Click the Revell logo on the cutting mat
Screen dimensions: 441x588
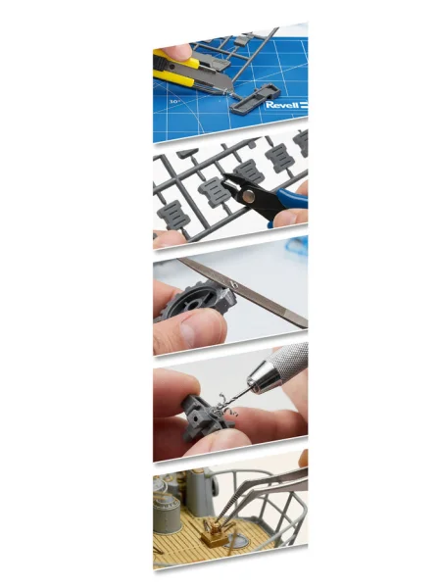[286, 105]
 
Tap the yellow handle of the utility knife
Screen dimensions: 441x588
[176, 71]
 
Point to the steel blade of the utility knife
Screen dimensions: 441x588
[220, 80]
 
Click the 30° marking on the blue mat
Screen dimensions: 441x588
[174, 101]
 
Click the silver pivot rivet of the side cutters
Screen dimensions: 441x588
[248, 195]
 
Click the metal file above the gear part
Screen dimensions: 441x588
[243, 292]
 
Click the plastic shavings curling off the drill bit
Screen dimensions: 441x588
[224, 408]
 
